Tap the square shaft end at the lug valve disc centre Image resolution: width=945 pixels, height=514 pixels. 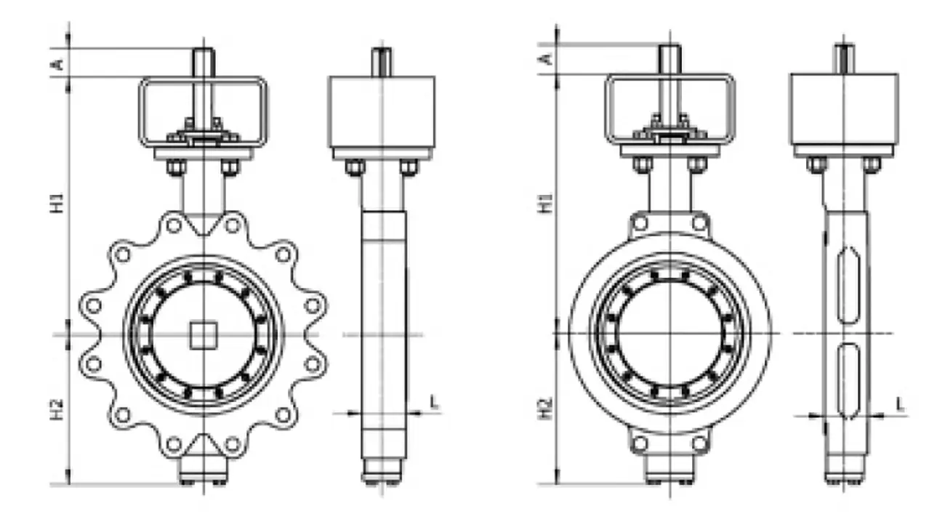pyautogui.click(x=201, y=335)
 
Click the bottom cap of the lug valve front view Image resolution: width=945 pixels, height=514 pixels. pyautogui.click(x=204, y=473)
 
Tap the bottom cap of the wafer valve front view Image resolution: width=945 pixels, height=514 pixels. pyautogui.click(x=669, y=473)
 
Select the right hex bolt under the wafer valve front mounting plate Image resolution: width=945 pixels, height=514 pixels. pyautogui.click(x=697, y=165)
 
